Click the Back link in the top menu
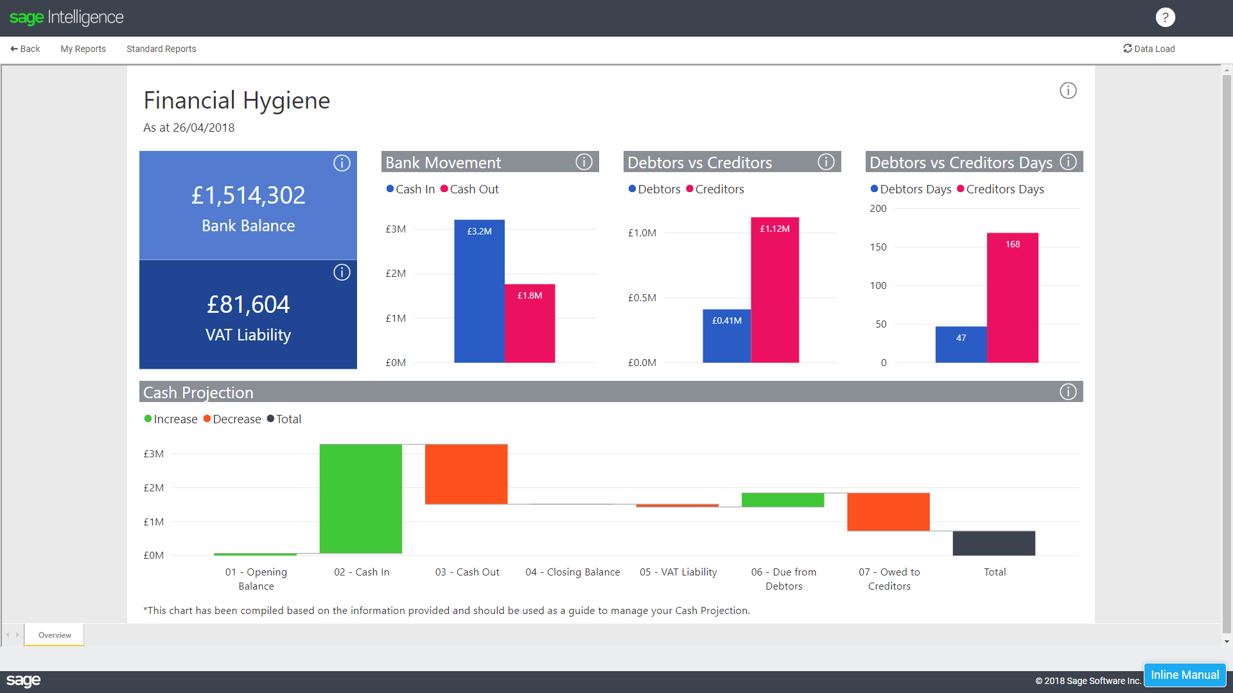[26, 49]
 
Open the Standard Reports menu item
[161, 49]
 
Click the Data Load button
[1149, 49]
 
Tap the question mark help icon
[1165, 17]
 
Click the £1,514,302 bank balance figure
[248, 195]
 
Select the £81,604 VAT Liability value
[248, 304]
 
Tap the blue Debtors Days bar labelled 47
[961, 346]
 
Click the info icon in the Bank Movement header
[584, 162]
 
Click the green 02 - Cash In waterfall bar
[361, 498]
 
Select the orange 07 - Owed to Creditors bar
[888, 512]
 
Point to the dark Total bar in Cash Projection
[994, 543]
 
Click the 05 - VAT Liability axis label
[678, 572]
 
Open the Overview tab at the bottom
[55, 635]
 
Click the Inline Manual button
[1185, 675]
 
